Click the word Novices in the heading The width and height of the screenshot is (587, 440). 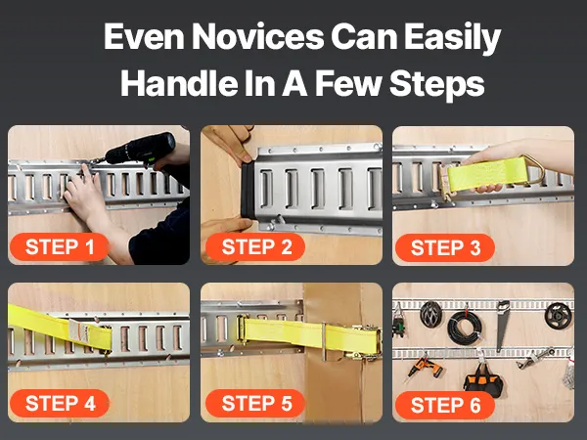coord(257,37)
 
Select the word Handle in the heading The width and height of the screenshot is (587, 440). coord(179,83)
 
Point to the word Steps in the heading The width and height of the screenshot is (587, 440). coord(437,84)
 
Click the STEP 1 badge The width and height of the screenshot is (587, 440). coord(60,247)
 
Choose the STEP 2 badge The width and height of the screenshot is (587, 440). coord(255,247)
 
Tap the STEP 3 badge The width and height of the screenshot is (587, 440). coord(445,247)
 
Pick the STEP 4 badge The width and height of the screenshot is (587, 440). coord(60,403)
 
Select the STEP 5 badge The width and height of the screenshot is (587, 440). coord(255,403)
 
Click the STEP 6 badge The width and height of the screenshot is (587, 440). coord(445,406)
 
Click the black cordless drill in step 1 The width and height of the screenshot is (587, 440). coord(139,151)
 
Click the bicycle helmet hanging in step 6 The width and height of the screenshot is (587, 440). coord(430,314)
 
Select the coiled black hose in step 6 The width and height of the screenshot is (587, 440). coord(465,327)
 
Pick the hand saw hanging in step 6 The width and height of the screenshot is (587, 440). coord(502,325)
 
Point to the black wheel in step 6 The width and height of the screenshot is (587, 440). coord(559,316)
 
